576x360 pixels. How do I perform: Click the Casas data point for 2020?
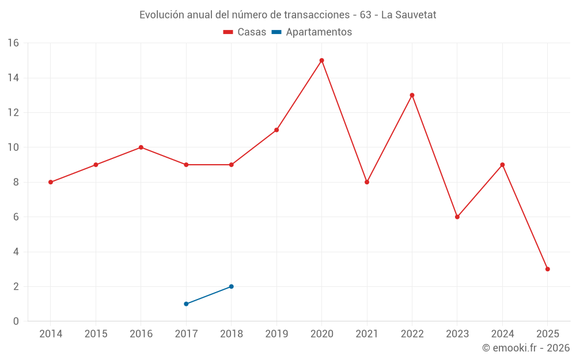click(x=321, y=60)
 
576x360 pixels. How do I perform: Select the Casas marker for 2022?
click(x=412, y=95)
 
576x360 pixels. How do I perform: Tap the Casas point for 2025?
click(x=547, y=269)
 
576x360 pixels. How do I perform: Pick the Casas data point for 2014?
click(x=51, y=182)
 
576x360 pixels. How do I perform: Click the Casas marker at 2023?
click(x=457, y=217)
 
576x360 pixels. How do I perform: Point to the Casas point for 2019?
click(x=276, y=130)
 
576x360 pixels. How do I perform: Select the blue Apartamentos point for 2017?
click(x=186, y=304)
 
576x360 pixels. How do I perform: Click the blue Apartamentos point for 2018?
click(x=231, y=286)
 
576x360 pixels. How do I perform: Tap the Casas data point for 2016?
click(x=141, y=147)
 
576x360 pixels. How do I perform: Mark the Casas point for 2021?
click(x=367, y=182)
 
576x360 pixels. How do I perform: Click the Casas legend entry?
click(x=245, y=32)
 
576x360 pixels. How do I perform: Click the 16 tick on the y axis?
click(x=13, y=43)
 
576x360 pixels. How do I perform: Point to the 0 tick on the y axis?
click(x=16, y=321)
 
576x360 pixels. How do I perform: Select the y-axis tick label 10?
click(x=13, y=147)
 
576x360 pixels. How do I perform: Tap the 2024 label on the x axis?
click(x=502, y=334)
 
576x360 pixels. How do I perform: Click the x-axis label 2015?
click(x=96, y=334)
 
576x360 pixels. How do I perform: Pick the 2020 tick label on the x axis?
click(x=321, y=334)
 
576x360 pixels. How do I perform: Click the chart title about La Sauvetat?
click(x=288, y=15)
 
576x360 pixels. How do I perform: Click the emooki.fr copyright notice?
click(x=526, y=348)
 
